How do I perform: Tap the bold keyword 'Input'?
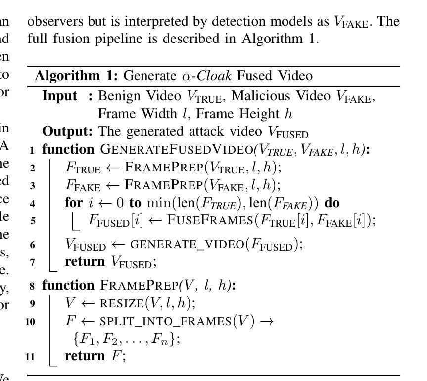click(x=60, y=96)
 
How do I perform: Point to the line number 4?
click(x=33, y=204)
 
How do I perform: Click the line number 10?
click(x=31, y=322)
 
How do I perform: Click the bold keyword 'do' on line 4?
click(x=331, y=203)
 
